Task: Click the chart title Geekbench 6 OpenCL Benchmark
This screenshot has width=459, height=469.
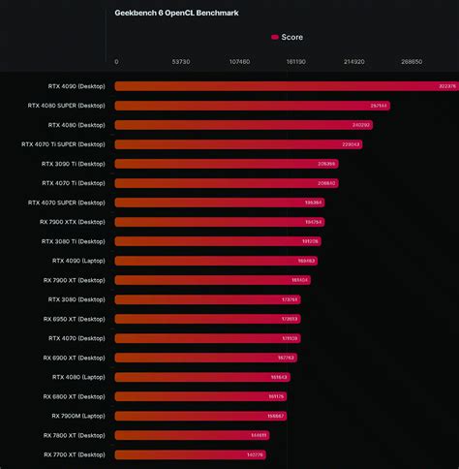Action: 176,14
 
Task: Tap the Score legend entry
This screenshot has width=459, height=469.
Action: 288,37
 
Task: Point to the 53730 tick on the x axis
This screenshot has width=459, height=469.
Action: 180,61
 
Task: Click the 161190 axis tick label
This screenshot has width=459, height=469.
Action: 296,61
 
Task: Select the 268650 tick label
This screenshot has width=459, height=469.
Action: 412,61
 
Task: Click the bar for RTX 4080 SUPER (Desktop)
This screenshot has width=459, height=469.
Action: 252,106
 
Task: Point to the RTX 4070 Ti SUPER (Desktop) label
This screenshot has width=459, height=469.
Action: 63,144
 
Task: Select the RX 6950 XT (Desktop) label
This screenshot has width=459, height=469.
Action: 75,319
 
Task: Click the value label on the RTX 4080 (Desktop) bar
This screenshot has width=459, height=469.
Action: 360,125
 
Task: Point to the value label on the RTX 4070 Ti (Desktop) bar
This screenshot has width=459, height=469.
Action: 326,183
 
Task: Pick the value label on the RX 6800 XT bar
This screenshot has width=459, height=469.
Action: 276,396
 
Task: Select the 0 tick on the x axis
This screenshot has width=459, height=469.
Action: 116,61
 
